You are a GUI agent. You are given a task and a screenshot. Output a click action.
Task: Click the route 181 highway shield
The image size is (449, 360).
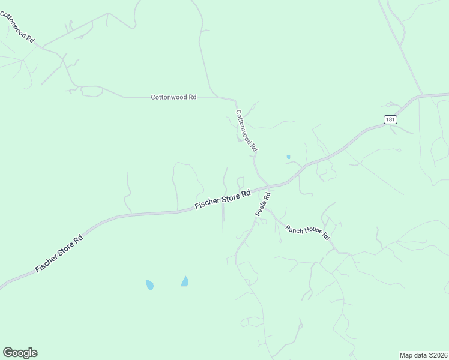[x=390, y=119]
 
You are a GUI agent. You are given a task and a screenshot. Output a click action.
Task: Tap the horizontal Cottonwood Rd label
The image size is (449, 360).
[x=173, y=97]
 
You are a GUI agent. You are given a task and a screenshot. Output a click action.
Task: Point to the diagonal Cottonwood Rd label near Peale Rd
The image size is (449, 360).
[x=247, y=130]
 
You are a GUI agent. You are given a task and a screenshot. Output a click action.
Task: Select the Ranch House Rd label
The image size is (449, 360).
[x=308, y=232]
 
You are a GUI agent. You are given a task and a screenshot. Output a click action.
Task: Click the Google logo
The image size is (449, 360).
[x=20, y=353]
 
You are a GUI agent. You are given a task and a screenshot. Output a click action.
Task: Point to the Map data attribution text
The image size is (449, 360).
[x=423, y=355]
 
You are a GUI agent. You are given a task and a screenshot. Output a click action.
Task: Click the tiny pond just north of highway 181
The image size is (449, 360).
[x=289, y=157]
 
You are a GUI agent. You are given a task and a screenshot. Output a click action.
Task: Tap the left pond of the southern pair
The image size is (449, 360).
[x=149, y=284]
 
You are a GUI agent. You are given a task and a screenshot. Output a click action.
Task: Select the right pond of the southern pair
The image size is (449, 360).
[x=185, y=281]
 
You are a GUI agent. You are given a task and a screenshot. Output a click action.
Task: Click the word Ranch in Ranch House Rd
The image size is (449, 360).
[x=294, y=228]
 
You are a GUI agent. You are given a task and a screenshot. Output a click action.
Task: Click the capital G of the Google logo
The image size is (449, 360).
[x=8, y=353]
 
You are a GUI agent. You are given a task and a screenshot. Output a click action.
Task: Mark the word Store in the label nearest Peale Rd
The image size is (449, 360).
[x=231, y=197]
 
